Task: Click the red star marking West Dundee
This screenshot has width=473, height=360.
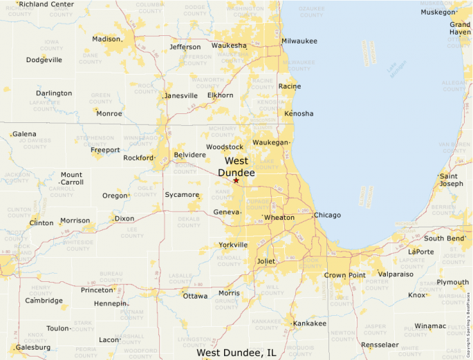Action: coord(236,180)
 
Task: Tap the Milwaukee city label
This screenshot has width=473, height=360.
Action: coord(299,41)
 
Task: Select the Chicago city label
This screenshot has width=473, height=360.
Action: coord(327,215)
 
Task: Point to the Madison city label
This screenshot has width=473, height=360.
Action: coord(106,39)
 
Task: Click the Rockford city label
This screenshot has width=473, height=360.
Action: coord(138,158)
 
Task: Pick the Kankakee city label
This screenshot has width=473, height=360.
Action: coord(310,323)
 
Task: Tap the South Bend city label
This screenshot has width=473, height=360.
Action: coord(444,238)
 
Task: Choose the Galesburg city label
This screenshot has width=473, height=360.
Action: coord(33,347)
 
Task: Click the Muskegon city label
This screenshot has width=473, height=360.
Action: coord(438,12)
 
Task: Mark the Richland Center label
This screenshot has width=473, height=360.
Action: coord(46,4)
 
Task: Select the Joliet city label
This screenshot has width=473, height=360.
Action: coord(266,261)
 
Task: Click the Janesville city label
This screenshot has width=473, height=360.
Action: coord(181,95)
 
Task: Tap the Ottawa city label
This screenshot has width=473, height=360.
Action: coord(195,296)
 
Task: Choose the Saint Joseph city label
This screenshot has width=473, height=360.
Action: coord(452,180)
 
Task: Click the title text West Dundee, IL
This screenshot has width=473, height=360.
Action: coord(236,353)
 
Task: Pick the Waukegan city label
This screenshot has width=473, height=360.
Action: coord(270,142)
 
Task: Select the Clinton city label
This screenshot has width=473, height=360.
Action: coord(41,223)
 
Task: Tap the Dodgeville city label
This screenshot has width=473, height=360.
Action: coord(44,59)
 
